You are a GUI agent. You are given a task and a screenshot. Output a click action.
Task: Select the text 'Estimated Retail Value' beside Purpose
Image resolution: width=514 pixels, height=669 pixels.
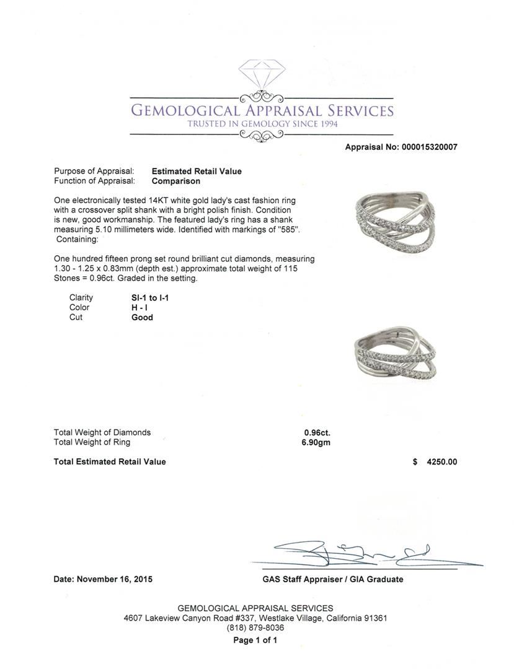pyautogui.click(x=197, y=172)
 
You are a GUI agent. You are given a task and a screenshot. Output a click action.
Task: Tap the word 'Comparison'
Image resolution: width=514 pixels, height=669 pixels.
pyautogui.click(x=176, y=181)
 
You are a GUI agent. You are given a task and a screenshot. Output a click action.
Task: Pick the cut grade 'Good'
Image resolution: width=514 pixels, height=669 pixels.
pyautogui.click(x=142, y=318)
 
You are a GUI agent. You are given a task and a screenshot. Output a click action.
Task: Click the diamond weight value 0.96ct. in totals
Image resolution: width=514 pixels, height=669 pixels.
pyautogui.click(x=317, y=433)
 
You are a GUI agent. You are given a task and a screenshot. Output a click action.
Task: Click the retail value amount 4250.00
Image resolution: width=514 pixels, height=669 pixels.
pyautogui.click(x=441, y=462)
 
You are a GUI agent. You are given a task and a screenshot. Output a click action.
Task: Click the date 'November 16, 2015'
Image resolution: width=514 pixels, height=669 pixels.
pyautogui.click(x=115, y=580)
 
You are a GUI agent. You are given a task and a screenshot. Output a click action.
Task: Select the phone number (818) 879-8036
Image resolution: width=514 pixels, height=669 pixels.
pyautogui.click(x=255, y=628)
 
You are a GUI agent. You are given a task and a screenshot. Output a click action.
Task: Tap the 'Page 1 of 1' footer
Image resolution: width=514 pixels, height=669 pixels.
pyautogui.click(x=255, y=641)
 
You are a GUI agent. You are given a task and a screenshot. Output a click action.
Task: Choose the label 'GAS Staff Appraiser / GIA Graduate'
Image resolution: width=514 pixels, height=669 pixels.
pyautogui.click(x=332, y=580)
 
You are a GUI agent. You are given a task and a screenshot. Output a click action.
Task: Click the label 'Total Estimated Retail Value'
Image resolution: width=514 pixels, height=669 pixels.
pyautogui.click(x=110, y=462)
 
